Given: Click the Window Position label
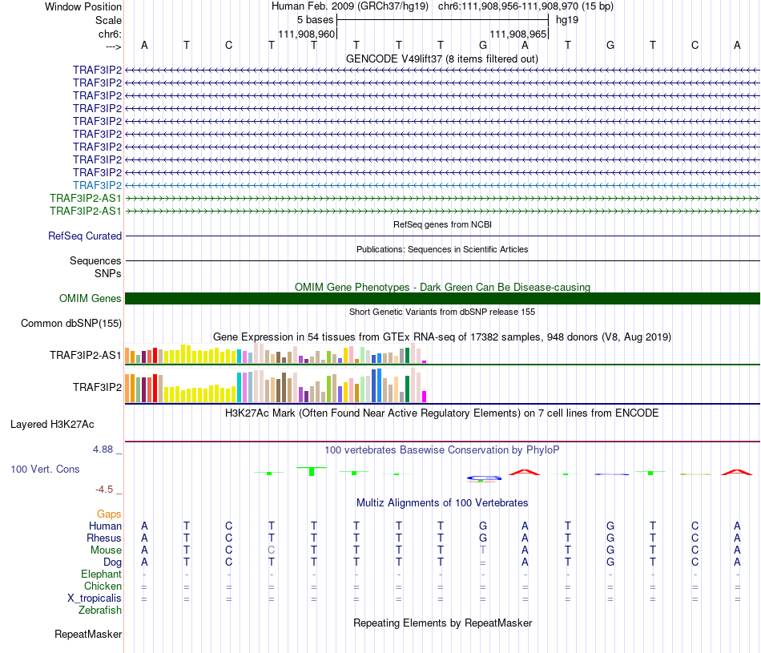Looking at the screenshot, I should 83,6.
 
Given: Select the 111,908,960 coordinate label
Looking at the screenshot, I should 306,34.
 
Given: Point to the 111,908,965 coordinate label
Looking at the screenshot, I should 517,34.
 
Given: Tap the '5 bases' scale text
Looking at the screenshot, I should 315,20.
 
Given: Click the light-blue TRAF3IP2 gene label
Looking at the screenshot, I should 97,185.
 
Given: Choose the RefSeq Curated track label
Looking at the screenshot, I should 85,236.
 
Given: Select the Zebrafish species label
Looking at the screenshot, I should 100,610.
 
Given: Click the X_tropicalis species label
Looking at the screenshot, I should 95,598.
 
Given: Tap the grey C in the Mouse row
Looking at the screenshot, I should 272,550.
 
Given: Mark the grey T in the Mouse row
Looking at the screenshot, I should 483,550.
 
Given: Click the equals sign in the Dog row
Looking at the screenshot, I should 483,562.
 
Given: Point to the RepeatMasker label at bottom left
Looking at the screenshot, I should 88,635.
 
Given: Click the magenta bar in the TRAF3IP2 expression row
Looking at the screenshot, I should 424,396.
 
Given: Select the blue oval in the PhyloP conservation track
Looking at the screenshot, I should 484,478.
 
